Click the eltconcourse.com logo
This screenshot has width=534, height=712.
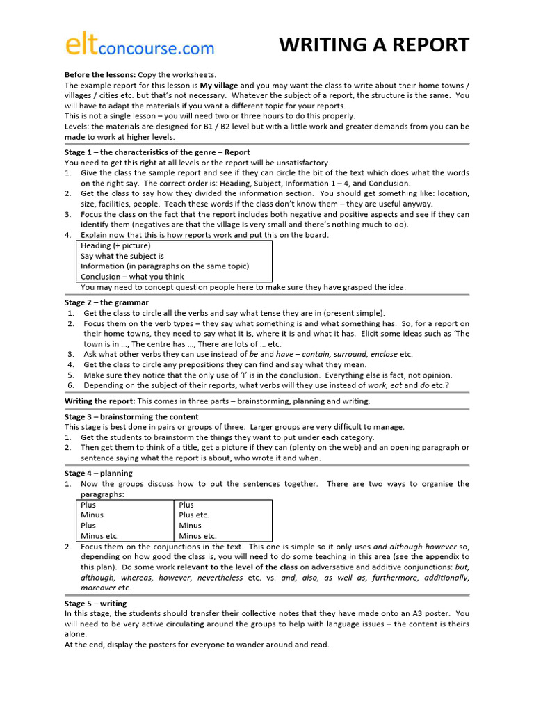click(x=139, y=45)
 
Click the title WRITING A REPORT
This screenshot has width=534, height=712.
click(x=374, y=45)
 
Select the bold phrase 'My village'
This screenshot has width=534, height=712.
click(x=220, y=85)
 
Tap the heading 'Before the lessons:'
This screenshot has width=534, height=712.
click(x=100, y=74)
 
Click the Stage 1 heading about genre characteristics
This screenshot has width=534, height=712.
click(x=157, y=152)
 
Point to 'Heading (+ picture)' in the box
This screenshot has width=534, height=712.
click(x=115, y=245)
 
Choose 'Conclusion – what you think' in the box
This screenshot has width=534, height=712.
click(x=132, y=277)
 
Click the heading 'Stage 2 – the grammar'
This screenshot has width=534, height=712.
click(x=106, y=302)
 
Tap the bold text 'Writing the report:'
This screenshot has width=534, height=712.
click(x=100, y=401)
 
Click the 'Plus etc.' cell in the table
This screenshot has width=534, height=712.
click(x=194, y=515)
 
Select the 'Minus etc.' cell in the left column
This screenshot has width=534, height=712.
click(x=100, y=536)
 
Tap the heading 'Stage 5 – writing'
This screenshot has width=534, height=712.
click(x=96, y=604)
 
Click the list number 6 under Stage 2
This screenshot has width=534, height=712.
click(x=70, y=385)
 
